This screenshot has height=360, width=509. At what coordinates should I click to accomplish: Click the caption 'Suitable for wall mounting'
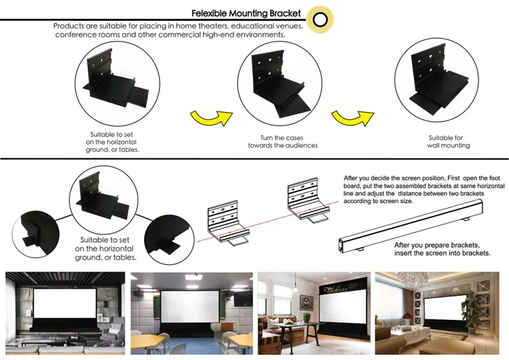tap(449, 141)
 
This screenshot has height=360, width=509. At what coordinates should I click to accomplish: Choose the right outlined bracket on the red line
tap(305, 201)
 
